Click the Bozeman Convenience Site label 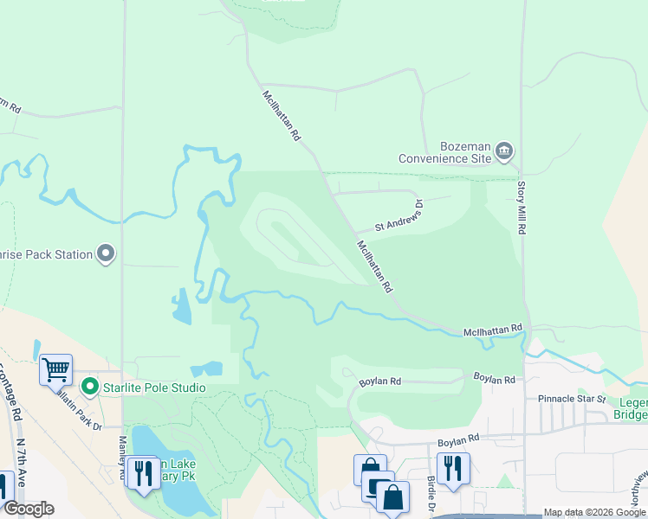pos(444,151)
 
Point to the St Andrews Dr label pos(399,217)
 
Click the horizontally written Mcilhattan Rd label pos(493,330)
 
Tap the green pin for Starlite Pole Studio pos(87,387)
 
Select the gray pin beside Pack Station pos(106,254)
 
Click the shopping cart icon pos(55,369)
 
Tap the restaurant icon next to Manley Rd pos(143,472)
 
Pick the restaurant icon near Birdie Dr pos(453,468)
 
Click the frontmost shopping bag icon pos(392,497)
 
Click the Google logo pos(28,509)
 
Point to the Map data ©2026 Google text pos(594,513)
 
